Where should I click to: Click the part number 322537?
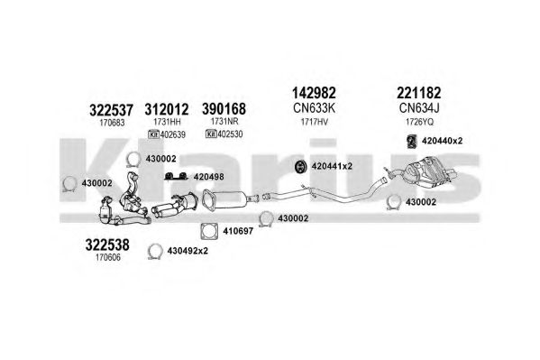coord(111,110)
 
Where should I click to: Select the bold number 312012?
coord(167,110)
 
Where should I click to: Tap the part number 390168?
coord(224,109)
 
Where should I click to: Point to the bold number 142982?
coord(314,93)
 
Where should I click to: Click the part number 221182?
coord(419,93)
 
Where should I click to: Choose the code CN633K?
coord(314,108)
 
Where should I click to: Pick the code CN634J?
coord(419,108)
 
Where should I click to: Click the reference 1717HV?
coord(314,122)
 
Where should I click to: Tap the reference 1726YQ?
coord(419,122)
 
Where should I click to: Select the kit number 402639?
coord(173,134)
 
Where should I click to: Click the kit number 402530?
coord(230,134)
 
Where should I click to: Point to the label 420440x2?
coord(443,141)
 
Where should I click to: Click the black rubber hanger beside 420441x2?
coord(301,166)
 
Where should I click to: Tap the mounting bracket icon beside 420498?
coord(176,176)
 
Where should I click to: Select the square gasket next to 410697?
coord(209,231)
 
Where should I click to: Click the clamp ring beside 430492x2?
coord(155,251)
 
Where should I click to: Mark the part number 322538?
coord(107,245)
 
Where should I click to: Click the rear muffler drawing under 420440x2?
coord(430,171)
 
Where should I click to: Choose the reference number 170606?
coord(108,257)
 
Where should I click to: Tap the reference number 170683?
coord(112,123)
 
